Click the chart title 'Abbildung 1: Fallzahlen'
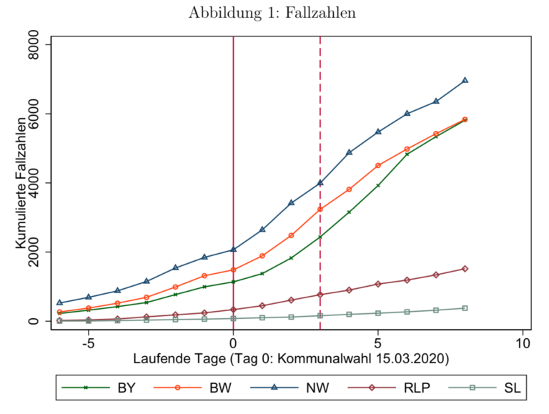pos(274,14)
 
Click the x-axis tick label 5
pos(378,343)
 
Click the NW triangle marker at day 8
pos(465,80)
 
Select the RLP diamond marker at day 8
pos(465,269)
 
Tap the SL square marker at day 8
pos(465,308)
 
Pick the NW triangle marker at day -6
pos(60,302)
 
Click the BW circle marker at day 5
pos(378,165)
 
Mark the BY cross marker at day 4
pos(349,212)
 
